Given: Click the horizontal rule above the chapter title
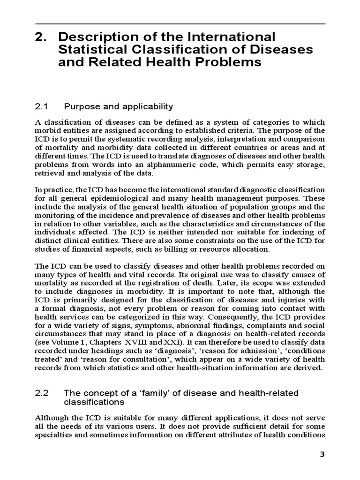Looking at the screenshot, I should point(180,23).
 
